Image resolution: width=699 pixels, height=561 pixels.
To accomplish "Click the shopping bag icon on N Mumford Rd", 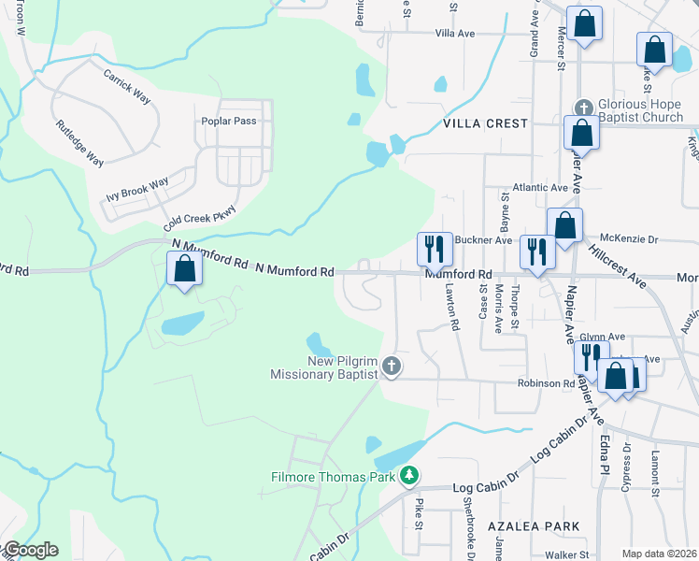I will tap(184, 268).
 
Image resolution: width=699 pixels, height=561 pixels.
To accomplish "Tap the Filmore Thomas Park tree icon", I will tap(408, 477).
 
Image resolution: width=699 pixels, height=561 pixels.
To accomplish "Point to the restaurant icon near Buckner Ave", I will tap(435, 248).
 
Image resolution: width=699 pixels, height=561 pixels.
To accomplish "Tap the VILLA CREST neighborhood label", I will tap(485, 123).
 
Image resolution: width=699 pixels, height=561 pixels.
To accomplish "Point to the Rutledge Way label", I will tap(78, 143).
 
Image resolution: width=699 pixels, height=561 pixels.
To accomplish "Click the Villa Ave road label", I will tap(455, 34).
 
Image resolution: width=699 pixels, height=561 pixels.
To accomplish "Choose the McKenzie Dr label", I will tap(629, 239).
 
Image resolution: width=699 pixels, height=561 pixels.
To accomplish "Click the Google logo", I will tap(30, 550).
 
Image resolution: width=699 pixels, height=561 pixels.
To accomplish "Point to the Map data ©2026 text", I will tap(659, 554).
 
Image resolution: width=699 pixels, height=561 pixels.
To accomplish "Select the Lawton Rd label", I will tap(454, 308).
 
